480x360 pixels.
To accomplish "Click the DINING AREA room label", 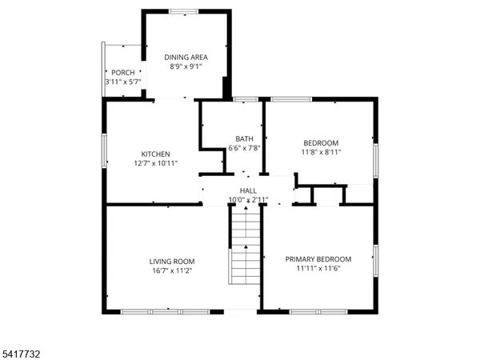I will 186,57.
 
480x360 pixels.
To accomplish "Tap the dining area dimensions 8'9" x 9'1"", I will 186,67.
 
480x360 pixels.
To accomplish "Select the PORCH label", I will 123,72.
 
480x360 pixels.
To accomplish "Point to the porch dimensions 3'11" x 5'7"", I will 123,82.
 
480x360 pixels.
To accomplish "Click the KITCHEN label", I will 156,154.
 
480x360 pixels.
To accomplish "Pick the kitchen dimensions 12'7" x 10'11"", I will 156,164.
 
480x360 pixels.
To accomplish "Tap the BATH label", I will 245,138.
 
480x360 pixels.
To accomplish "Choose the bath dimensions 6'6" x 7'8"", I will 245,148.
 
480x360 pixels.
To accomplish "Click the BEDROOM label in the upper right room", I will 320,142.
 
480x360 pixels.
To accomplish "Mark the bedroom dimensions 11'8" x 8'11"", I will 320,152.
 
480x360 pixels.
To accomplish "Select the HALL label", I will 248,190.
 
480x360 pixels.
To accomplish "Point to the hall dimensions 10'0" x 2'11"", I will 248,199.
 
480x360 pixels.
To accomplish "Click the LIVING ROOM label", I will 172,261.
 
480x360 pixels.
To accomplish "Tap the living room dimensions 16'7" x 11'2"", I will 172,271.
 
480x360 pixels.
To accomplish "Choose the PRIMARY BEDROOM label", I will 318,259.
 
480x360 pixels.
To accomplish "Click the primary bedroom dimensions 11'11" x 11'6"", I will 318,270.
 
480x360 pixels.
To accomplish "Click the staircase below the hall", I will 246,248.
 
